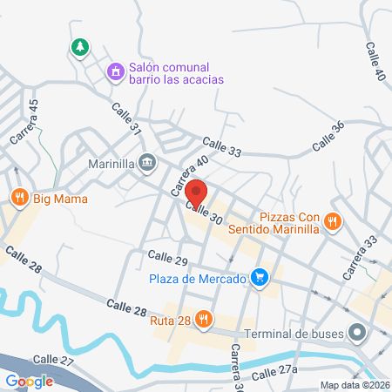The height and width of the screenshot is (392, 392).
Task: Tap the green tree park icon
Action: click(x=79, y=46)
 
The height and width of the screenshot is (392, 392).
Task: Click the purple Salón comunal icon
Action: click(x=115, y=71)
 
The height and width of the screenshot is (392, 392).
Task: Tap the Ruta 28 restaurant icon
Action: click(x=203, y=319)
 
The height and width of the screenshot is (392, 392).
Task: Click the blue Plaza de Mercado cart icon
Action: click(x=258, y=278)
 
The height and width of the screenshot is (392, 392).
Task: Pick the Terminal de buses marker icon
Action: click(x=356, y=332)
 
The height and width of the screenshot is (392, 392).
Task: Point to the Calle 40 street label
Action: click(x=375, y=61)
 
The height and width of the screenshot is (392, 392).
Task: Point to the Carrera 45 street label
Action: click(x=26, y=121)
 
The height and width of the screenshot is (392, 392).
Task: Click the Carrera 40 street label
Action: click(x=189, y=174)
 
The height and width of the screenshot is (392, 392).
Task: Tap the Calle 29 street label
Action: click(x=168, y=258)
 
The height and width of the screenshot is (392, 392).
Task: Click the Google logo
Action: click(x=29, y=381)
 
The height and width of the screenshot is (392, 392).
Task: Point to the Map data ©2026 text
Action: click(x=354, y=385)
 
